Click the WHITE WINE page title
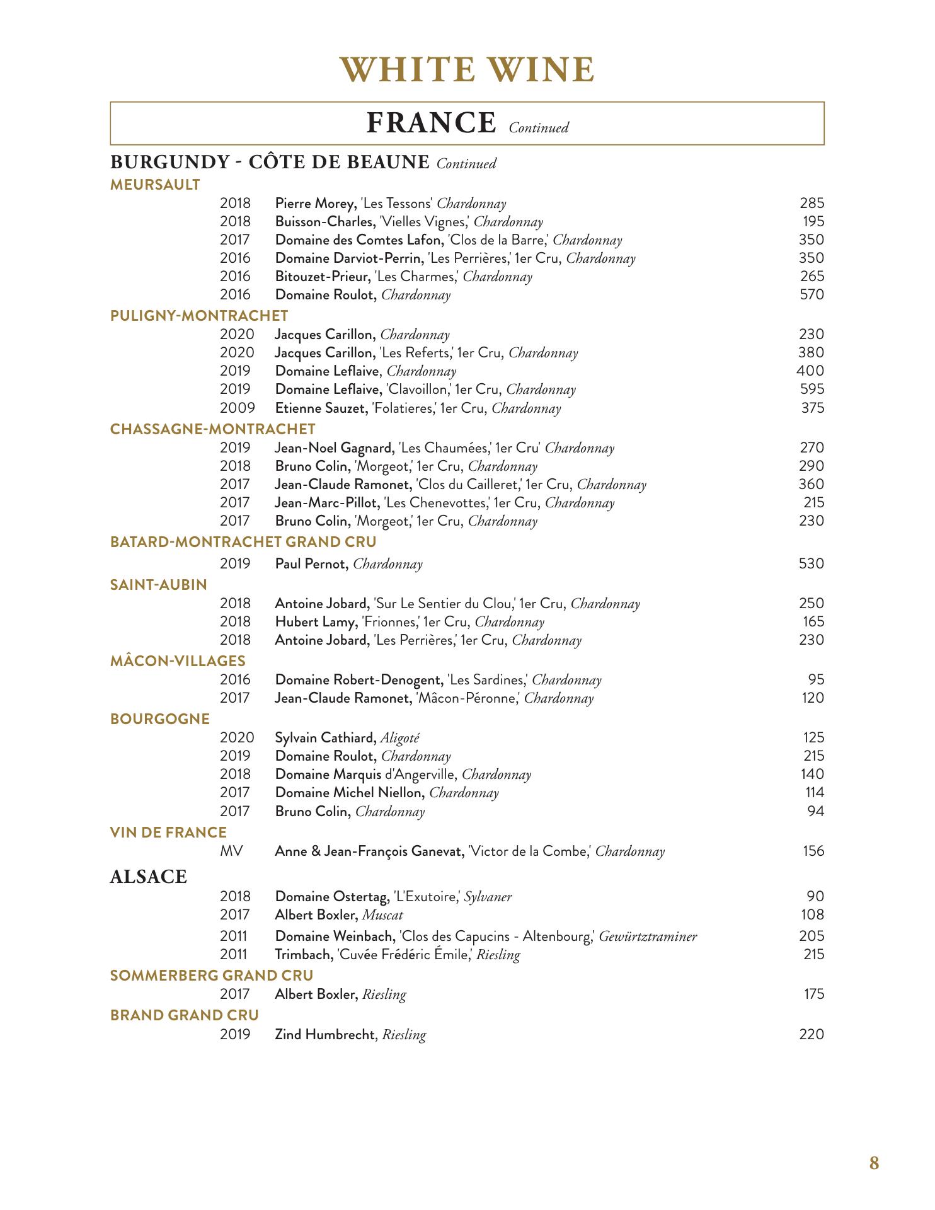467,69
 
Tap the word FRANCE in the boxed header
431,123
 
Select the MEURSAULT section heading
155,185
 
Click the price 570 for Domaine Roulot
812,294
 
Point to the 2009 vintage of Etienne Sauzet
237,408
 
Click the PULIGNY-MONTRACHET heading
199,316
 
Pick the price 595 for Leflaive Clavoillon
812,389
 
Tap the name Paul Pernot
311,563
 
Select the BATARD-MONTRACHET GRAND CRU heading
243,542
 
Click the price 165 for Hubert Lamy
813,622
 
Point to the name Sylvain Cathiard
326,737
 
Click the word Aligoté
400,737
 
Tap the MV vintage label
231,851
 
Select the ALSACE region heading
149,877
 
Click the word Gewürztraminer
648,936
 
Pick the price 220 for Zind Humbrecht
812,1034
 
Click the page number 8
874,1163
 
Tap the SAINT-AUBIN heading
159,585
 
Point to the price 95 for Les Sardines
816,679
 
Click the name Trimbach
304,954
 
